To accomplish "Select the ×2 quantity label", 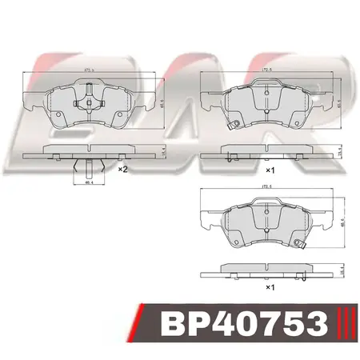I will pos(122,170).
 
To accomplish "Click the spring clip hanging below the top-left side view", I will pos(86,168).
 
